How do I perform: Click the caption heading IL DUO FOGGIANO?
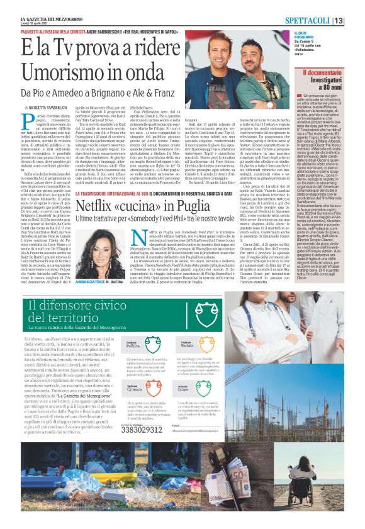pyautogui.click(x=310, y=33)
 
